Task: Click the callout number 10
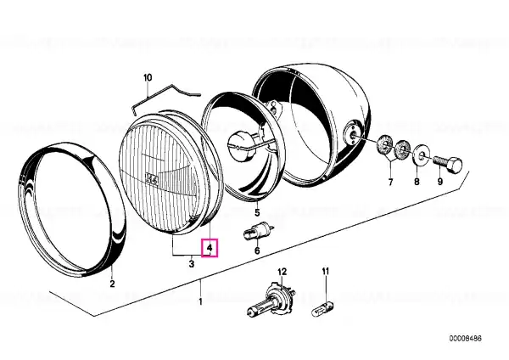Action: (x=148, y=78)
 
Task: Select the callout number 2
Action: (x=112, y=284)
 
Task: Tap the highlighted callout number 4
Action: (x=210, y=248)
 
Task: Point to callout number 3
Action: (x=192, y=263)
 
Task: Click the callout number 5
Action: (x=257, y=213)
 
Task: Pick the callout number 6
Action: (x=257, y=250)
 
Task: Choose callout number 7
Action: (x=390, y=183)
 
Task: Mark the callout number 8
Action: (x=417, y=182)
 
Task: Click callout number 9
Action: (x=440, y=182)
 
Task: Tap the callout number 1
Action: (x=200, y=301)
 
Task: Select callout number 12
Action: (x=282, y=272)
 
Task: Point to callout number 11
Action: (x=326, y=271)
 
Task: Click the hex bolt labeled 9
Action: (x=448, y=163)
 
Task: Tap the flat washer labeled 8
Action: (x=422, y=154)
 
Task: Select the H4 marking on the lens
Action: (x=152, y=179)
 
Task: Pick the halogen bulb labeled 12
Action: (x=271, y=300)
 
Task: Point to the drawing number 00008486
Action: (x=466, y=339)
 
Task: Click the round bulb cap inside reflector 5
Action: (x=241, y=144)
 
